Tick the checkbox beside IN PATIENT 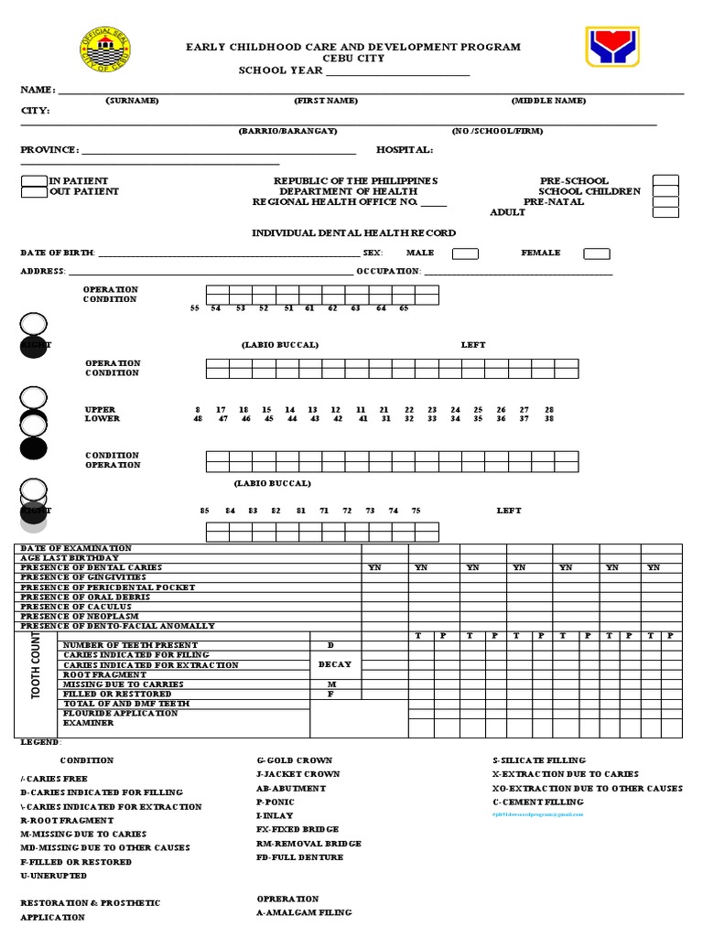(34, 181)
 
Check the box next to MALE (465, 253)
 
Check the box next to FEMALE (597, 253)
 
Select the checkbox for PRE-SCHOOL (665, 180)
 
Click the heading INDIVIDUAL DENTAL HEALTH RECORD (353, 233)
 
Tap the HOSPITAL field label (405, 150)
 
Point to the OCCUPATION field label (389, 272)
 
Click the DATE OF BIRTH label (58, 253)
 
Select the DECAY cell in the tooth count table (335, 665)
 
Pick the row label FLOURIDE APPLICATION (120, 713)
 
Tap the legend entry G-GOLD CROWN (294, 760)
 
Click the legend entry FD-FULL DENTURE (299, 857)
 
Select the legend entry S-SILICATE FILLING (539, 760)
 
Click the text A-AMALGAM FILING (304, 912)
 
